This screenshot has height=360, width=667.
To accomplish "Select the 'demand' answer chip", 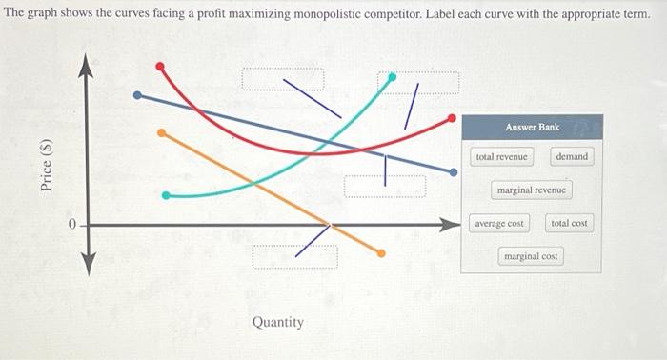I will tap(572, 156).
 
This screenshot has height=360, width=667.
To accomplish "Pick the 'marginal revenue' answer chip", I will tap(531, 190).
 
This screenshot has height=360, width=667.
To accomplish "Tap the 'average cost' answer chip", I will tap(499, 223).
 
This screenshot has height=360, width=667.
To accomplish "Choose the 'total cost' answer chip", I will tap(570, 223).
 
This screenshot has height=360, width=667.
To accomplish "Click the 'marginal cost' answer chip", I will tap(531, 256).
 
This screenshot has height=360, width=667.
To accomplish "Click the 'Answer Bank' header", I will tap(532, 127).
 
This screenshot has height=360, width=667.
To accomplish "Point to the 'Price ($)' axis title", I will tap(46, 164).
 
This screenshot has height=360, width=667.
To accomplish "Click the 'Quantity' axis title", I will tap(278, 322).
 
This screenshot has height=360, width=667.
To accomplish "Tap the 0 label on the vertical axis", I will tap(71, 224).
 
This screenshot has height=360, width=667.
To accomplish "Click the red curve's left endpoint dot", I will tap(160, 66).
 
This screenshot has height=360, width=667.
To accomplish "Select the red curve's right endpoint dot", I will tap(453, 118).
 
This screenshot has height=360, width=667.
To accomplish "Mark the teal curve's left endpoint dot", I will tap(167, 195).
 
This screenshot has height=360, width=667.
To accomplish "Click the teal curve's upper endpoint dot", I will tap(392, 76).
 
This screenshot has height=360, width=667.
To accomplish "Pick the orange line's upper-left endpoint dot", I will tap(161, 132).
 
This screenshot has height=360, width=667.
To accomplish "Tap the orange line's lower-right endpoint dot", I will tap(381, 253).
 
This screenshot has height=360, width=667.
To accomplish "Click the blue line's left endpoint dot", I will tap(137, 94).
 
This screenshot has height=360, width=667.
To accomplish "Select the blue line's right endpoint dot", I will tap(453, 172).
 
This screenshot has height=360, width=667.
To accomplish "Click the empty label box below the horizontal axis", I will tap(295, 256).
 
